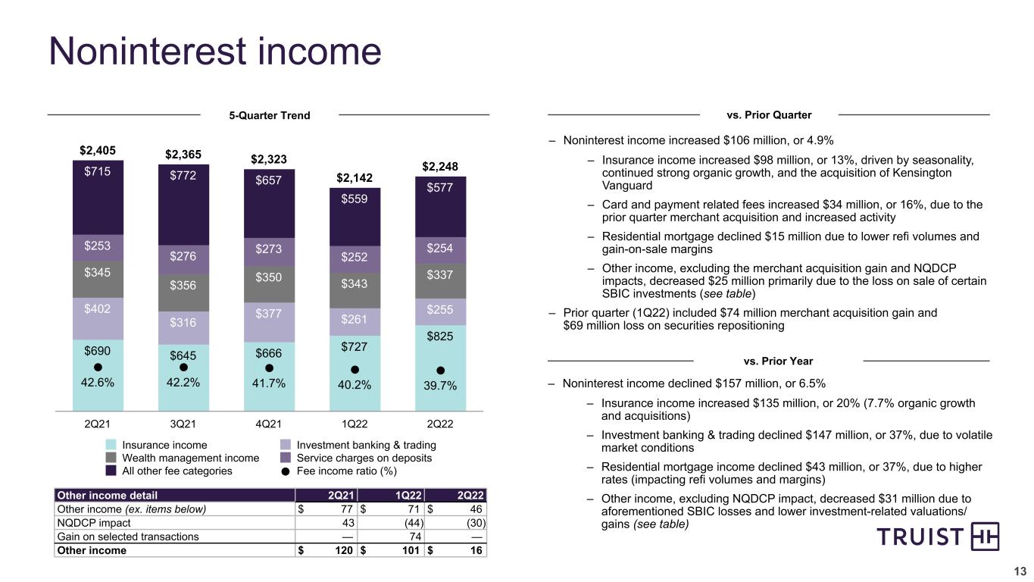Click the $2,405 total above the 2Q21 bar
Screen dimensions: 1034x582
tap(98, 151)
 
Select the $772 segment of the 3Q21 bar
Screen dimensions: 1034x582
tap(183, 205)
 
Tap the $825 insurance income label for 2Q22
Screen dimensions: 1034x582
tap(440, 336)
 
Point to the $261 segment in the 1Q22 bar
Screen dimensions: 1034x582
tap(355, 321)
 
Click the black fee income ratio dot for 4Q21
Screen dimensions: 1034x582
tap(269, 368)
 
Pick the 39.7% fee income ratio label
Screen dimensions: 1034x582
tap(440, 386)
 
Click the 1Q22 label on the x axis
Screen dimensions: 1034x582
tap(355, 424)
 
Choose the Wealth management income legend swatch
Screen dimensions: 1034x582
tap(111, 458)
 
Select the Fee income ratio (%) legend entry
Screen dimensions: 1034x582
tap(339, 471)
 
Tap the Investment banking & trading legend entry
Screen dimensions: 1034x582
tap(358, 445)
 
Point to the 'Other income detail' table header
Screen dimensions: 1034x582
tap(107, 495)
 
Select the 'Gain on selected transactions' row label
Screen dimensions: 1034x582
tap(128, 537)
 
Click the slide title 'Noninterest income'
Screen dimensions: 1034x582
tap(215, 51)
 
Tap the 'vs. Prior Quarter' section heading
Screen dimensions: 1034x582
tap(769, 115)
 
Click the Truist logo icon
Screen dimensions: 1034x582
tap(985, 537)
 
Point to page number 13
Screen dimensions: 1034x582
tap(1020, 571)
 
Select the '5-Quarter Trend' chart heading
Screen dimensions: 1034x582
tap(270, 115)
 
